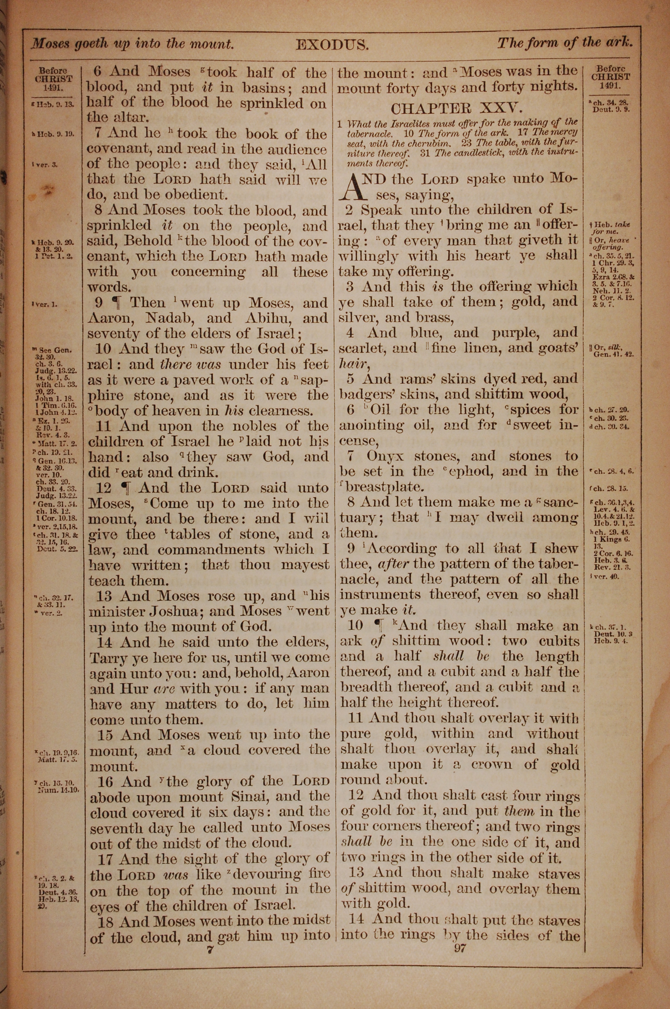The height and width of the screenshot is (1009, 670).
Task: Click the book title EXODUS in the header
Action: pyautogui.click(x=332, y=45)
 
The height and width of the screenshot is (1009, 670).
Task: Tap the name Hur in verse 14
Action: pyautogui.click(x=129, y=689)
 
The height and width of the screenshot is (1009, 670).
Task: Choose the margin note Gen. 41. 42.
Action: pyautogui.click(x=613, y=354)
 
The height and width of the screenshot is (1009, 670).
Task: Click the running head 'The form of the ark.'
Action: pyautogui.click(x=564, y=43)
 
